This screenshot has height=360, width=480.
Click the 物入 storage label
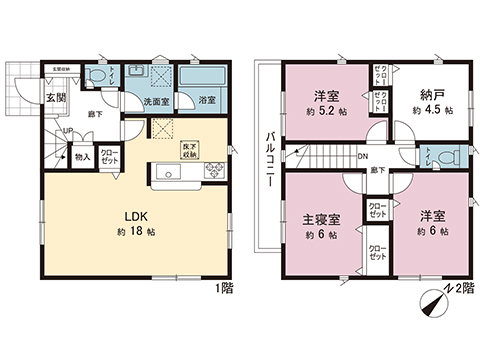click(83, 157)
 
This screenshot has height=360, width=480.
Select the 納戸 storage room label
click(432, 96)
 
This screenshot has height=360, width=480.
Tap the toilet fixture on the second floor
click(449, 155)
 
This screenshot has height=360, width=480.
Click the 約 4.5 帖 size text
click(432, 112)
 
